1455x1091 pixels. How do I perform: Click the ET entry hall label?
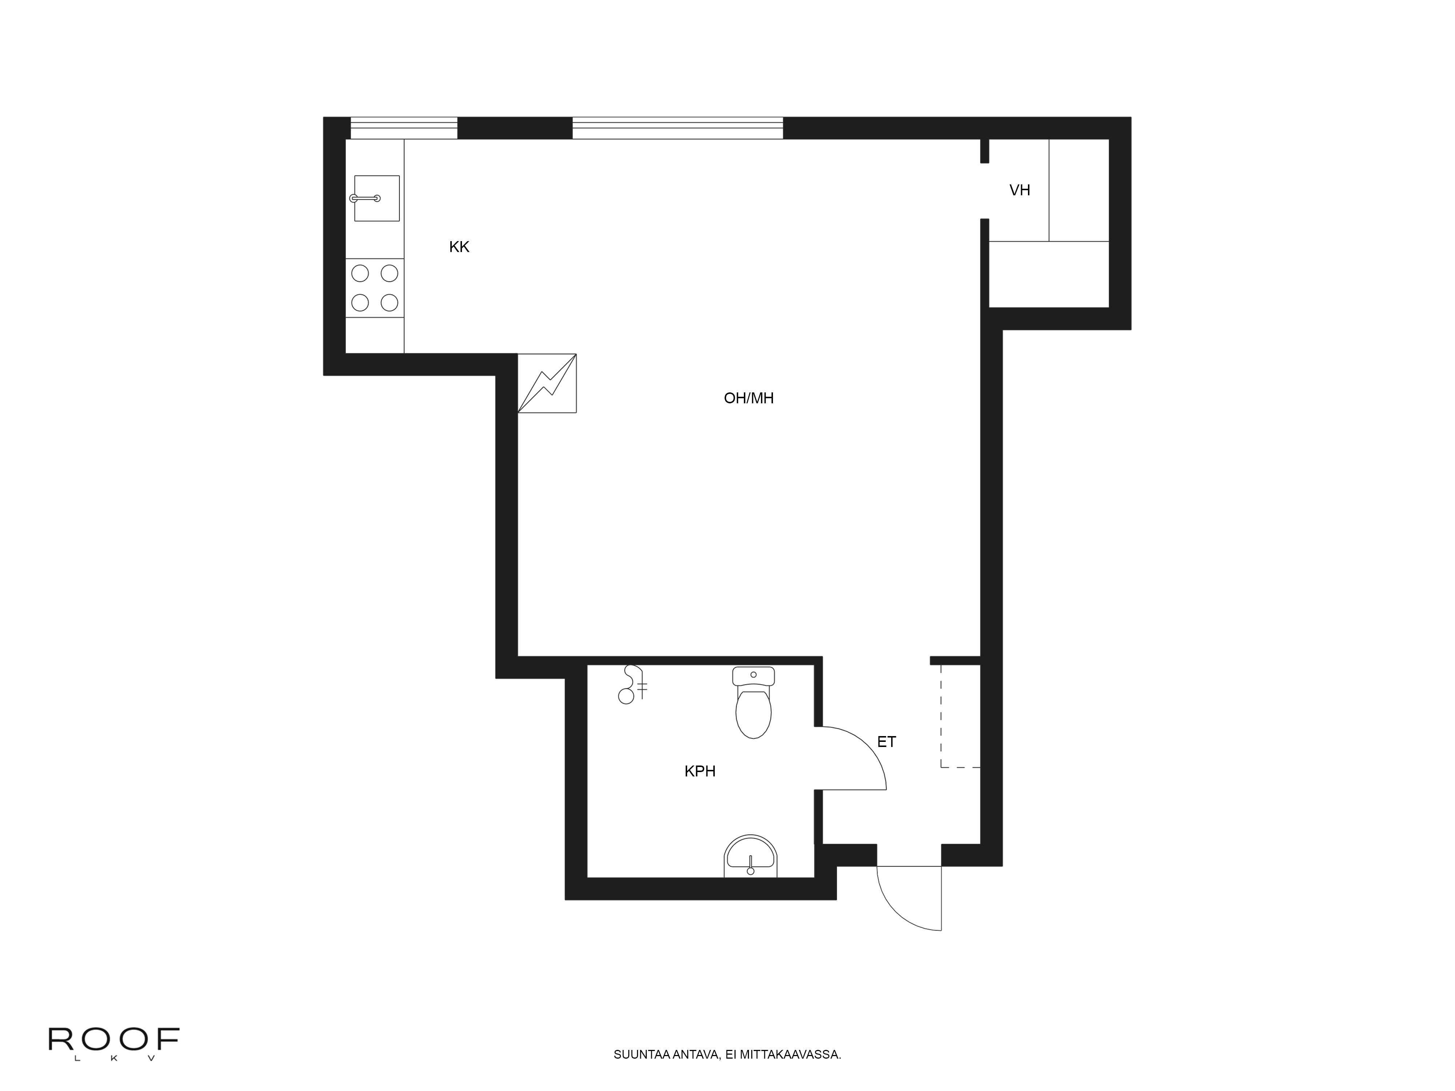coord(886,742)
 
